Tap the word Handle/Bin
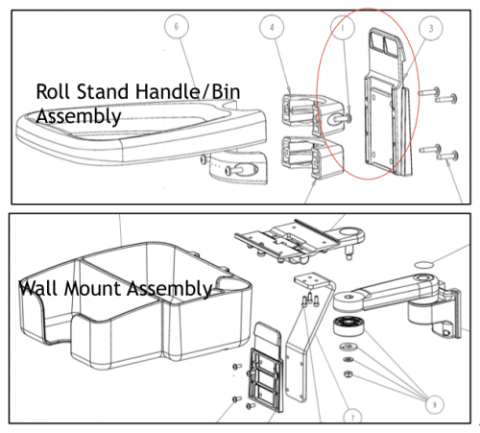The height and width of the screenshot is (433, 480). click(187, 92)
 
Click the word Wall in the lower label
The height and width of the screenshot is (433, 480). click(38, 288)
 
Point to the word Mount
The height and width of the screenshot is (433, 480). click(92, 289)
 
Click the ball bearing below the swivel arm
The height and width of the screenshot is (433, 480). click(349, 326)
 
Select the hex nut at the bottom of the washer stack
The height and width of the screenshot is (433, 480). click(348, 373)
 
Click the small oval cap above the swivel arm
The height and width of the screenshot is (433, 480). click(423, 265)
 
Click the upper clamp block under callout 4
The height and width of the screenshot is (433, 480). click(312, 114)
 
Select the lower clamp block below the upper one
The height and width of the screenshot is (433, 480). click(312, 156)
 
